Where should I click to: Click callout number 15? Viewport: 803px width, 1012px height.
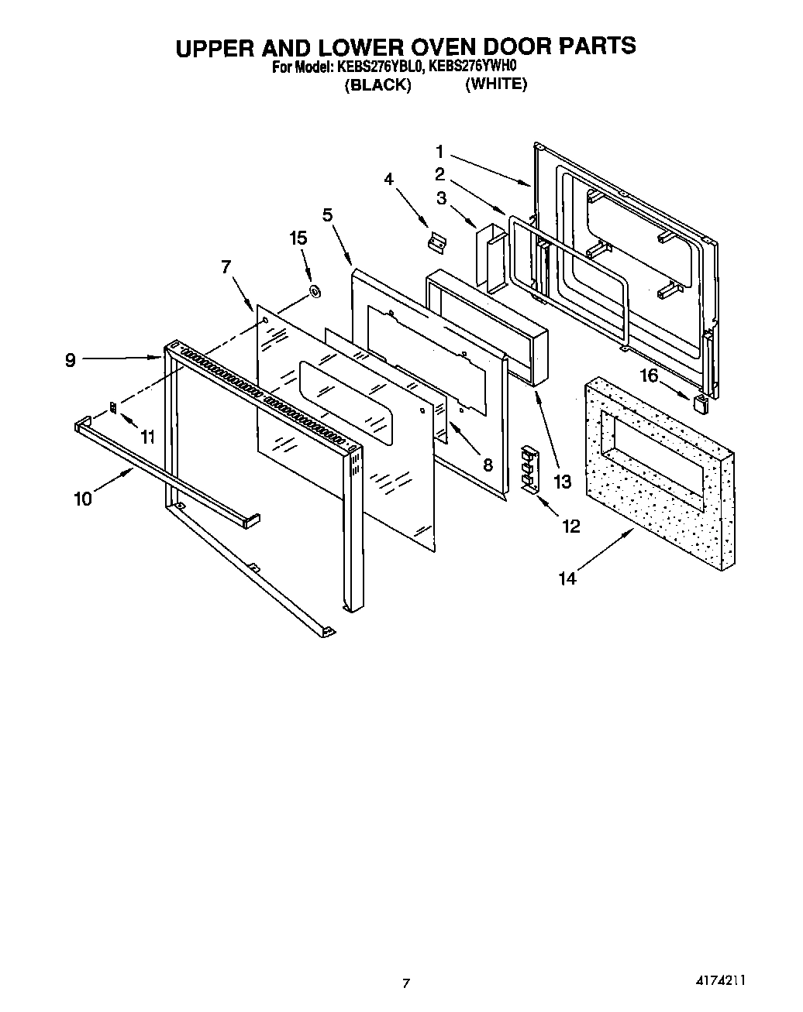tap(298, 238)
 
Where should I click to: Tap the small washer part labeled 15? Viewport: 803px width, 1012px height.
tap(315, 292)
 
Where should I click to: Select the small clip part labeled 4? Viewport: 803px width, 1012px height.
tap(437, 242)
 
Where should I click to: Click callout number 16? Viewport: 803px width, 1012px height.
tap(648, 376)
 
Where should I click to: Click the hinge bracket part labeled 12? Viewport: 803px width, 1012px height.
tap(530, 469)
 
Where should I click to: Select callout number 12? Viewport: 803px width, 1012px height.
tap(570, 527)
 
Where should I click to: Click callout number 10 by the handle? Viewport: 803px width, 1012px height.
tap(83, 499)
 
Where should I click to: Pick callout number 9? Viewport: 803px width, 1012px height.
tap(70, 360)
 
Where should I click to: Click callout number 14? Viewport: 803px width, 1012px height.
tap(567, 578)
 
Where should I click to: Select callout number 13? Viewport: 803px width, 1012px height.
tap(562, 482)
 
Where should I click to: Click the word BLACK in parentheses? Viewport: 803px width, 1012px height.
tap(377, 85)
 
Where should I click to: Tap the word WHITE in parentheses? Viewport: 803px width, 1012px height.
tap(496, 84)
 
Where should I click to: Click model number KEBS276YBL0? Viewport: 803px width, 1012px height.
tap(380, 67)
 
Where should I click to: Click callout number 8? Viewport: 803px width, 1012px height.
tap(488, 465)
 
